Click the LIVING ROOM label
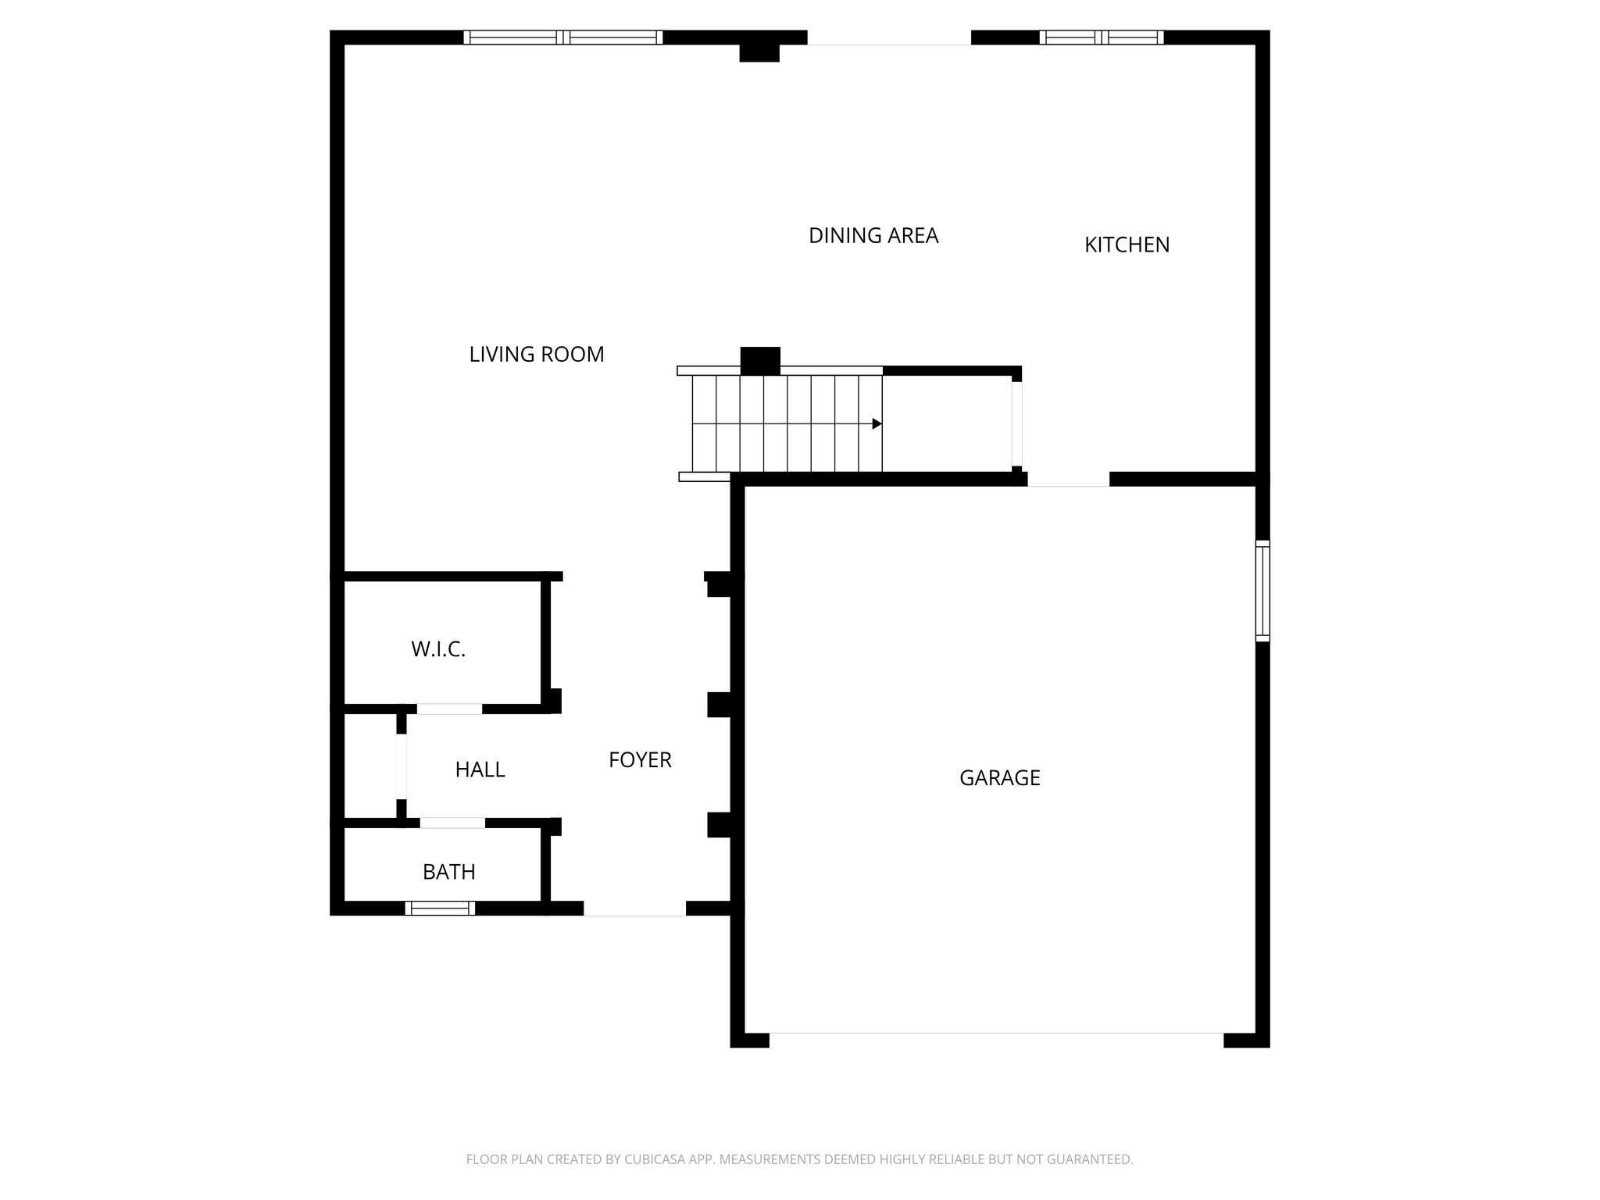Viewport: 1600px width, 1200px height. (x=537, y=355)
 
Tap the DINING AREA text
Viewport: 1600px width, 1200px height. (x=873, y=236)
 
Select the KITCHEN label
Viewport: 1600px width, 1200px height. (x=1127, y=245)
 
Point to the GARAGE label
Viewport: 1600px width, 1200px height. (x=999, y=778)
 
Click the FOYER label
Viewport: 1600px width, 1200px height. (x=640, y=760)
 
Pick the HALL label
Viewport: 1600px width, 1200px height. (x=480, y=770)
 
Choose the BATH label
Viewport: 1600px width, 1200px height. (x=448, y=872)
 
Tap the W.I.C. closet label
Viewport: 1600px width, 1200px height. (x=438, y=649)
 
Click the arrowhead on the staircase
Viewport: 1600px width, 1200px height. (x=877, y=424)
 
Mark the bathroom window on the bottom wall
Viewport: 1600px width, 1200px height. (x=440, y=908)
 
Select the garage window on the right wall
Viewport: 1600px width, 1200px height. (x=1262, y=591)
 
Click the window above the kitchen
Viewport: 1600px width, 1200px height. (x=1101, y=37)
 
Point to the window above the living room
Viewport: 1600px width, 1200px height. (x=562, y=37)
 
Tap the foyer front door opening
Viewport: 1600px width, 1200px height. (x=634, y=909)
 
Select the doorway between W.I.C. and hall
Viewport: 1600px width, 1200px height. (x=449, y=709)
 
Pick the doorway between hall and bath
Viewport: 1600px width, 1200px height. (x=452, y=823)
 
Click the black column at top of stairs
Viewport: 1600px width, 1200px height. (x=760, y=360)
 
